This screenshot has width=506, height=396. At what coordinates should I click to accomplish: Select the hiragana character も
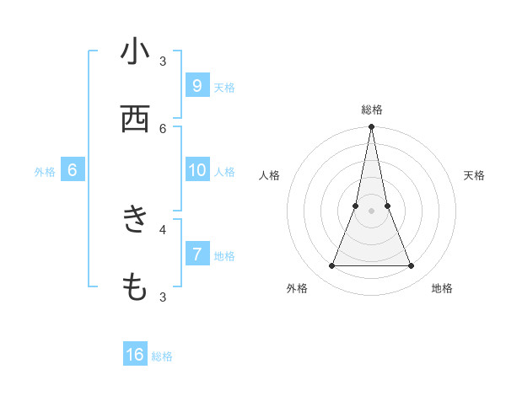click(x=135, y=287)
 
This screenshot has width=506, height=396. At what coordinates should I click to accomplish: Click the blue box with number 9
click(x=196, y=85)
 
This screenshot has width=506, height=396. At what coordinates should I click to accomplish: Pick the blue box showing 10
click(x=196, y=170)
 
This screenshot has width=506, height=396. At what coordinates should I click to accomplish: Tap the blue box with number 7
click(x=196, y=253)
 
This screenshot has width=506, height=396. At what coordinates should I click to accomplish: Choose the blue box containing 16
click(x=135, y=355)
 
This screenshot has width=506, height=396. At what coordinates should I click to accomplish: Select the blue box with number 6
click(x=72, y=170)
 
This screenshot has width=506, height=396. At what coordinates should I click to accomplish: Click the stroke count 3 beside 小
click(x=163, y=62)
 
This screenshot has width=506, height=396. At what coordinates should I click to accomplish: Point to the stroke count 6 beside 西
click(x=163, y=128)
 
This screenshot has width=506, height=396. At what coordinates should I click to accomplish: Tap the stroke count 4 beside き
click(x=163, y=228)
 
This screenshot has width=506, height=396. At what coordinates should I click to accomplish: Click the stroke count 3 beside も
click(x=163, y=297)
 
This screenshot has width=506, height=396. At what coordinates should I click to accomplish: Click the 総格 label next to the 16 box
click(x=162, y=356)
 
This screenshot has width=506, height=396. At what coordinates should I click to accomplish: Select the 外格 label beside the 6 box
click(x=45, y=172)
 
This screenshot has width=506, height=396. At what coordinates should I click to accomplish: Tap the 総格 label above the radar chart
click(x=372, y=110)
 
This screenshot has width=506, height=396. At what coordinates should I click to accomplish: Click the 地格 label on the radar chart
click(x=442, y=289)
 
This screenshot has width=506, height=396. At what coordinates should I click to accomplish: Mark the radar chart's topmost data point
click(x=372, y=127)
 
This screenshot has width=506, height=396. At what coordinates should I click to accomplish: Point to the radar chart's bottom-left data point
click(x=332, y=266)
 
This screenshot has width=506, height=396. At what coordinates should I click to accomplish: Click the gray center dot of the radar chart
click(x=372, y=211)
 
